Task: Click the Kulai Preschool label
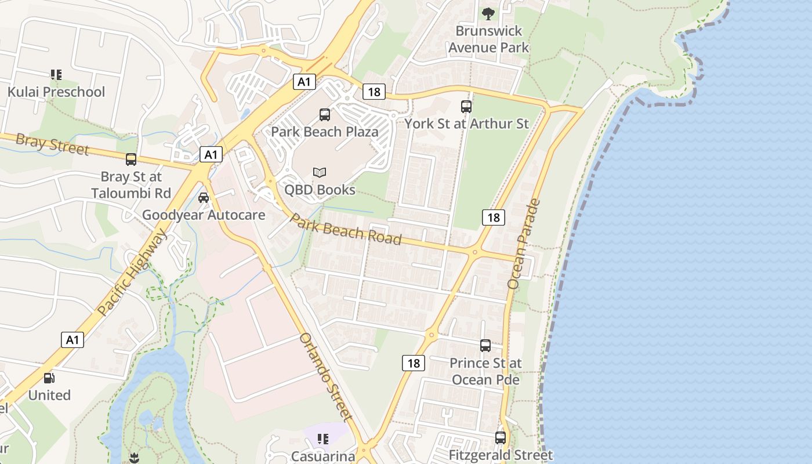[56, 92]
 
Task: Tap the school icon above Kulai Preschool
[56, 74]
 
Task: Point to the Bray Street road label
[52, 144]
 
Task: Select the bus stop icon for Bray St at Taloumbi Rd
[131, 159]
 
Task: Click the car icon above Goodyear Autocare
[204, 198]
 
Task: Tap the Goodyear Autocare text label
[204, 215]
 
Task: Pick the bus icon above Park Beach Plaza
[325, 115]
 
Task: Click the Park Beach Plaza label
[325, 132]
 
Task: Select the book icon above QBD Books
[320, 172]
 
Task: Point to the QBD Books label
[320, 190]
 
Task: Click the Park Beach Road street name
[346, 229]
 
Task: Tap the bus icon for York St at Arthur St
[466, 107]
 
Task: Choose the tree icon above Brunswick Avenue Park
[488, 13]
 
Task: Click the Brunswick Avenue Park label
[488, 39]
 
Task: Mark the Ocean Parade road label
[524, 244]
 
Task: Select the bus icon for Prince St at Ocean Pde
[485, 346]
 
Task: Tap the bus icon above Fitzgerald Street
[501, 438]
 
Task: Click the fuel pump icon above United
[49, 378]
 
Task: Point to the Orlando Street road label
[325, 376]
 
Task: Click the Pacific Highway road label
[132, 273]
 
